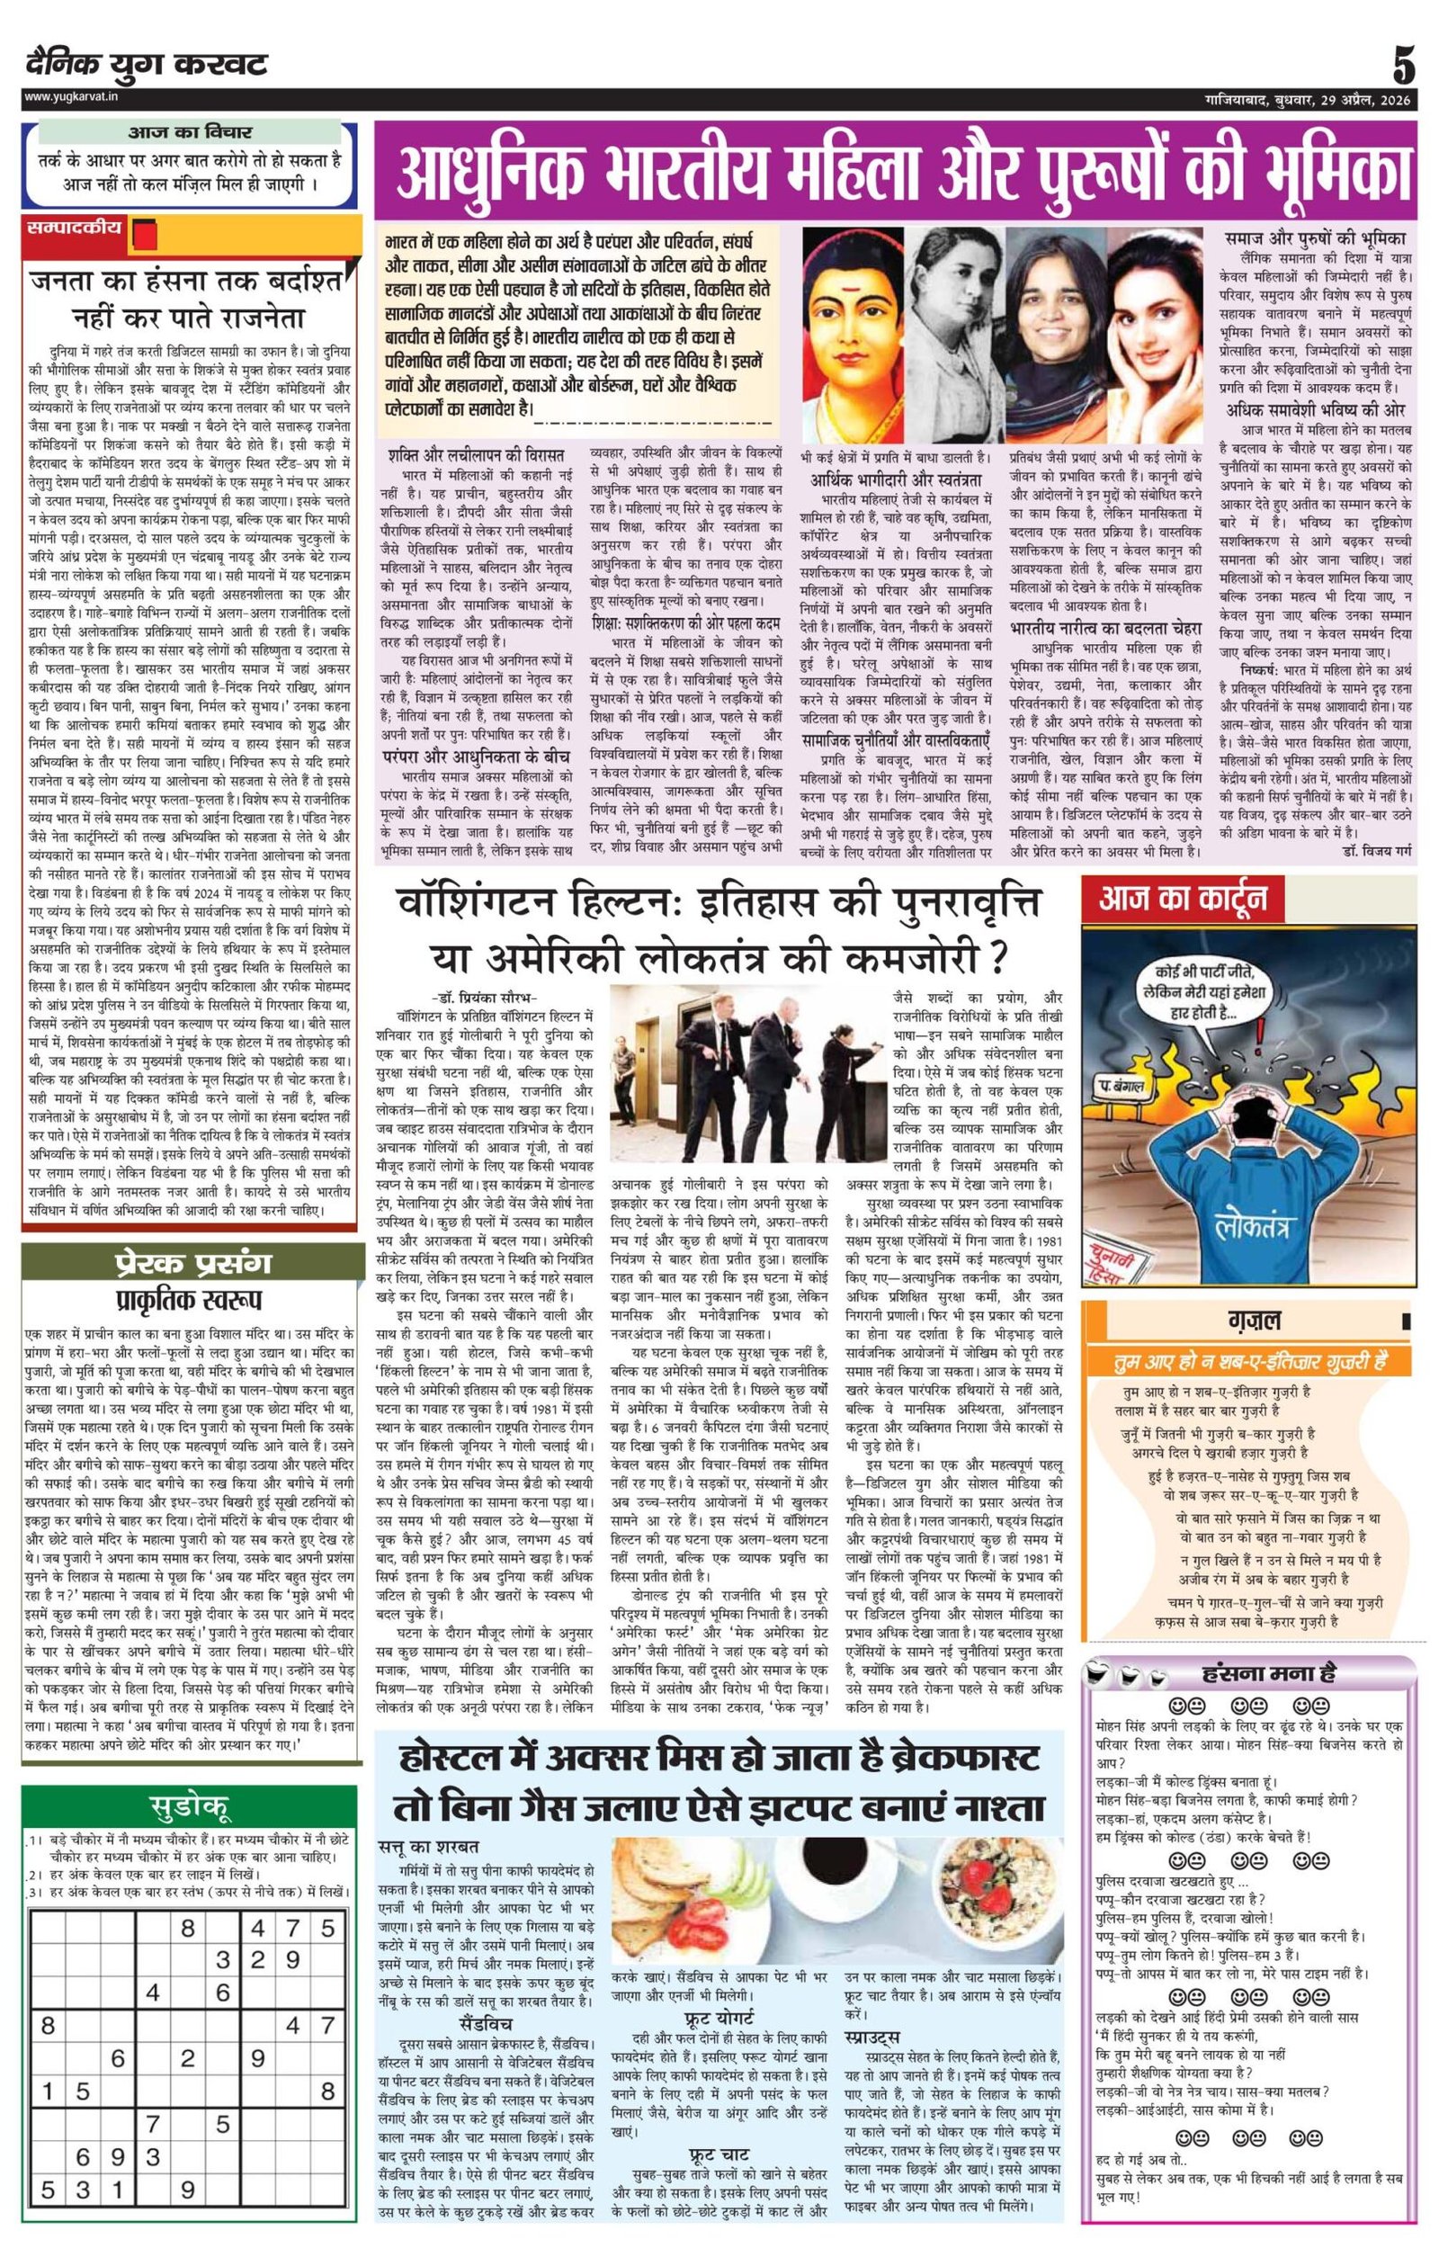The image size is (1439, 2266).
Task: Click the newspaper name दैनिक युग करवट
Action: pos(146,65)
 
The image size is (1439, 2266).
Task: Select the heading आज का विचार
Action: pos(190,132)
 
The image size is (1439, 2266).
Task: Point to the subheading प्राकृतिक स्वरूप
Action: pos(188,1300)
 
